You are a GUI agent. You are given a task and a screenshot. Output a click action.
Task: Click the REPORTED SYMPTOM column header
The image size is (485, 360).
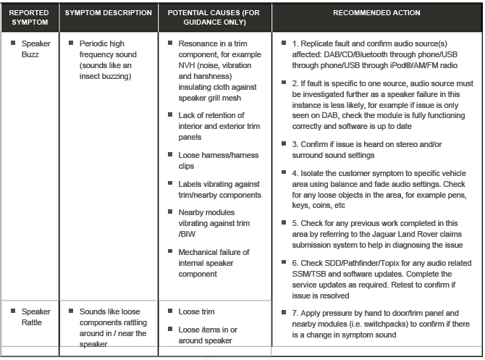[x=30, y=18]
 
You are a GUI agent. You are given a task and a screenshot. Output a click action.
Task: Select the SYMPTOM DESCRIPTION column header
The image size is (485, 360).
[x=108, y=13]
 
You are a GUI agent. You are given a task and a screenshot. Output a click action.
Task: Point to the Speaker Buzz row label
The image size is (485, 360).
[x=35, y=49]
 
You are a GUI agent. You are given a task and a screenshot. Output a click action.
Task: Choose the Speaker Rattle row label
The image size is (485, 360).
[x=35, y=317]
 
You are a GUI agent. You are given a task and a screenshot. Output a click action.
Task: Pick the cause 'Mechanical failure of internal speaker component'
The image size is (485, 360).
[x=214, y=262]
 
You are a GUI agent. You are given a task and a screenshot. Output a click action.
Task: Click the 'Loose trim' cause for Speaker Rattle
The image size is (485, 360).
[x=196, y=311]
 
